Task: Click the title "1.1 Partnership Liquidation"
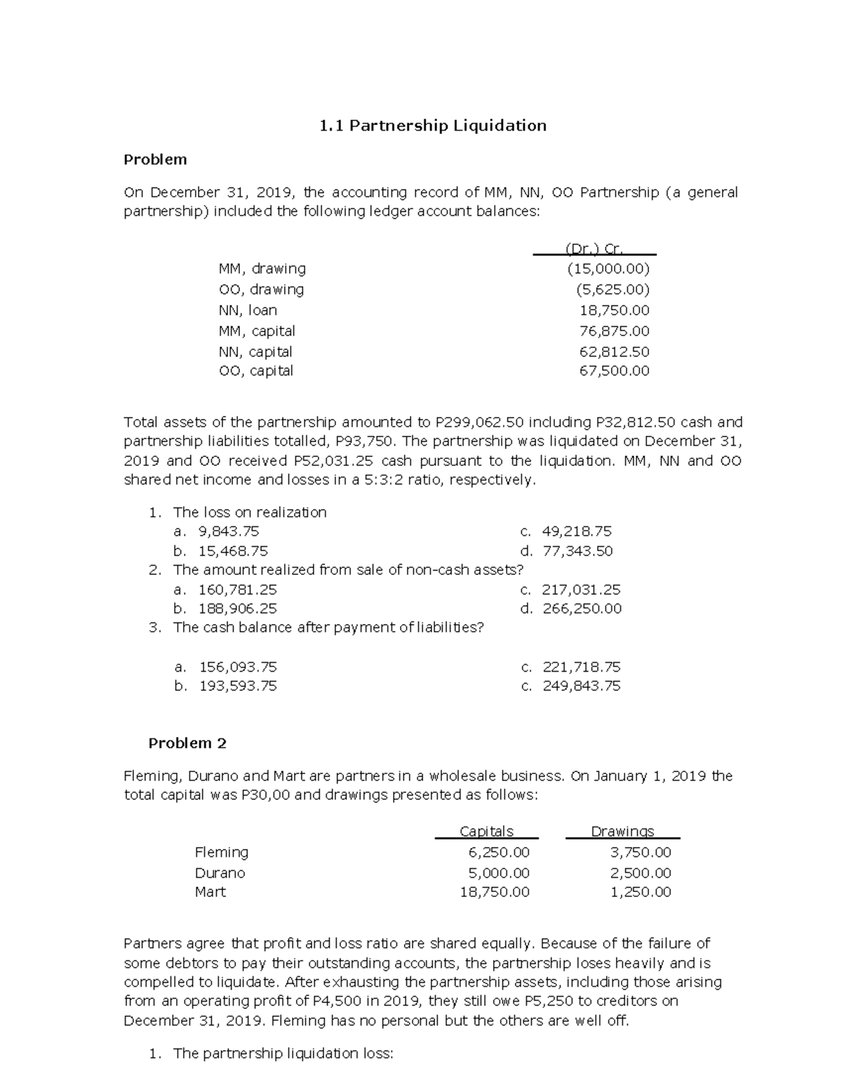point(432,126)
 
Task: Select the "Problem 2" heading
point(187,743)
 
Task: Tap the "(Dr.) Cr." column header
point(594,248)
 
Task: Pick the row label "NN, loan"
point(248,310)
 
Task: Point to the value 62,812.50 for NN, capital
point(614,352)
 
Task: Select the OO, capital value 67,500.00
point(614,371)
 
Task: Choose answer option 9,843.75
point(229,531)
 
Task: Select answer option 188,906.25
point(238,609)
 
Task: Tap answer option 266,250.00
point(582,609)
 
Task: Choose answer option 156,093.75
point(238,667)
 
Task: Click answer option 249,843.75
point(582,686)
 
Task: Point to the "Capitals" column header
point(486,831)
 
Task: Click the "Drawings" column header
point(622,831)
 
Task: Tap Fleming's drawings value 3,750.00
point(641,852)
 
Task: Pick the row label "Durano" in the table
point(220,873)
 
